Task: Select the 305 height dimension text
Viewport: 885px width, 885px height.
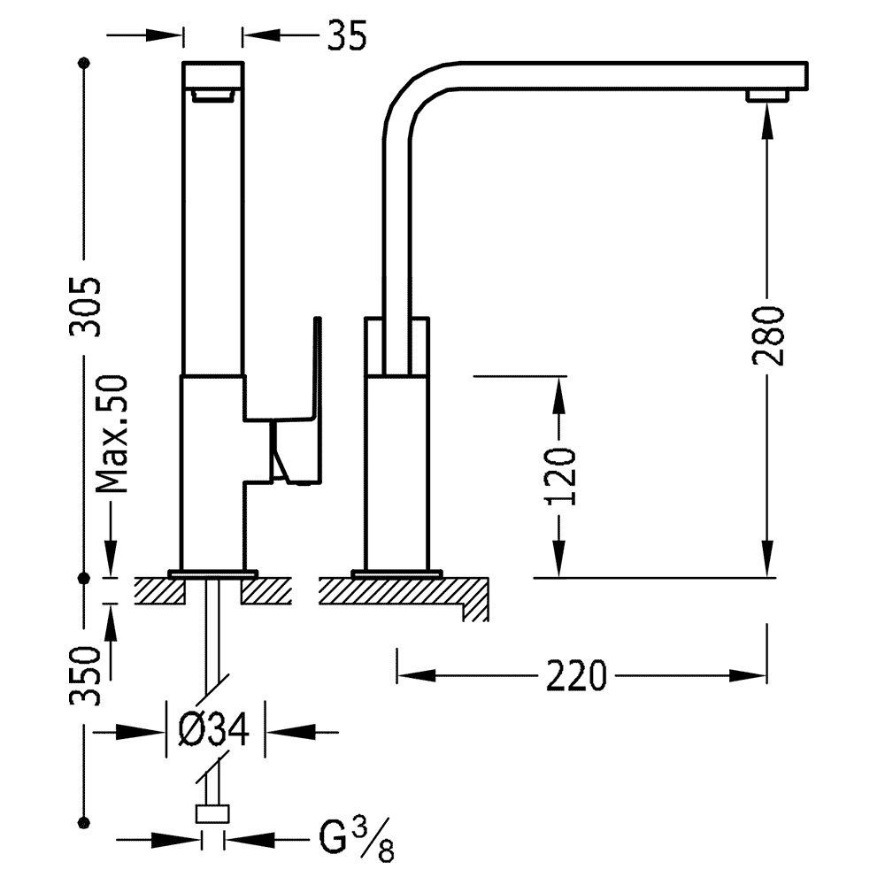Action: pos(88,306)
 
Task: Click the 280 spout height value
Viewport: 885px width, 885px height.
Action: pos(767,335)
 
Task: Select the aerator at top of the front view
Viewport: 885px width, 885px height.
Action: pos(212,96)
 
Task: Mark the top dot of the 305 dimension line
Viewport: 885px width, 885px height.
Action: pos(85,64)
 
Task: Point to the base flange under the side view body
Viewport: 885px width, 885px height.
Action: pos(396,573)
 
